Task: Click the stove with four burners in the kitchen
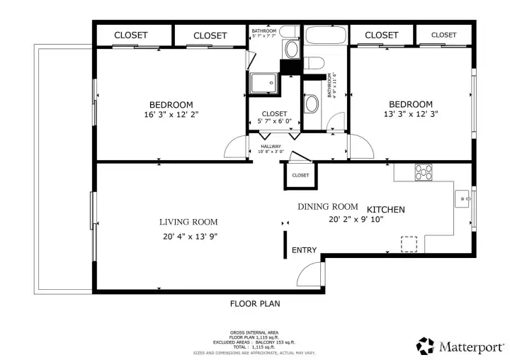(x=424, y=171)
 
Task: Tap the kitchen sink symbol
(x=463, y=199)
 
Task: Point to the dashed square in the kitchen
(x=409, y=243)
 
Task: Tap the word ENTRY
(x=304, y=250)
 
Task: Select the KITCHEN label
(x=385, y=210)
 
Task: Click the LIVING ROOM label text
(x=188, y=222)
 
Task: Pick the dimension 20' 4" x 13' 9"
(x=188, y=237)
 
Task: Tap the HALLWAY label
(x=271, y=146)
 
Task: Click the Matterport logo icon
(x=425, y=345)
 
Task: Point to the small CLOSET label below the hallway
(x=300, y=175)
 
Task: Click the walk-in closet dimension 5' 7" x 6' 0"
(x=274, y=122)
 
